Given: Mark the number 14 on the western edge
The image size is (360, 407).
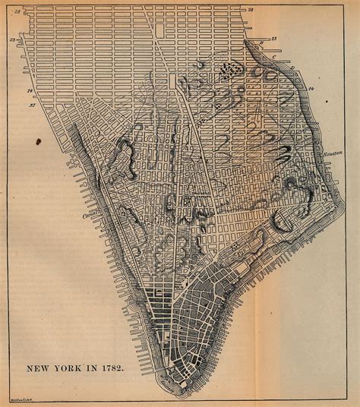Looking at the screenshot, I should tap(30, 91).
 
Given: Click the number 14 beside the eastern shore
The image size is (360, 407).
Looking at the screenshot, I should tap(311, 90).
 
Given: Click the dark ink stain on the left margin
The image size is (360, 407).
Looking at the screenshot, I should tap(38, 140).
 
